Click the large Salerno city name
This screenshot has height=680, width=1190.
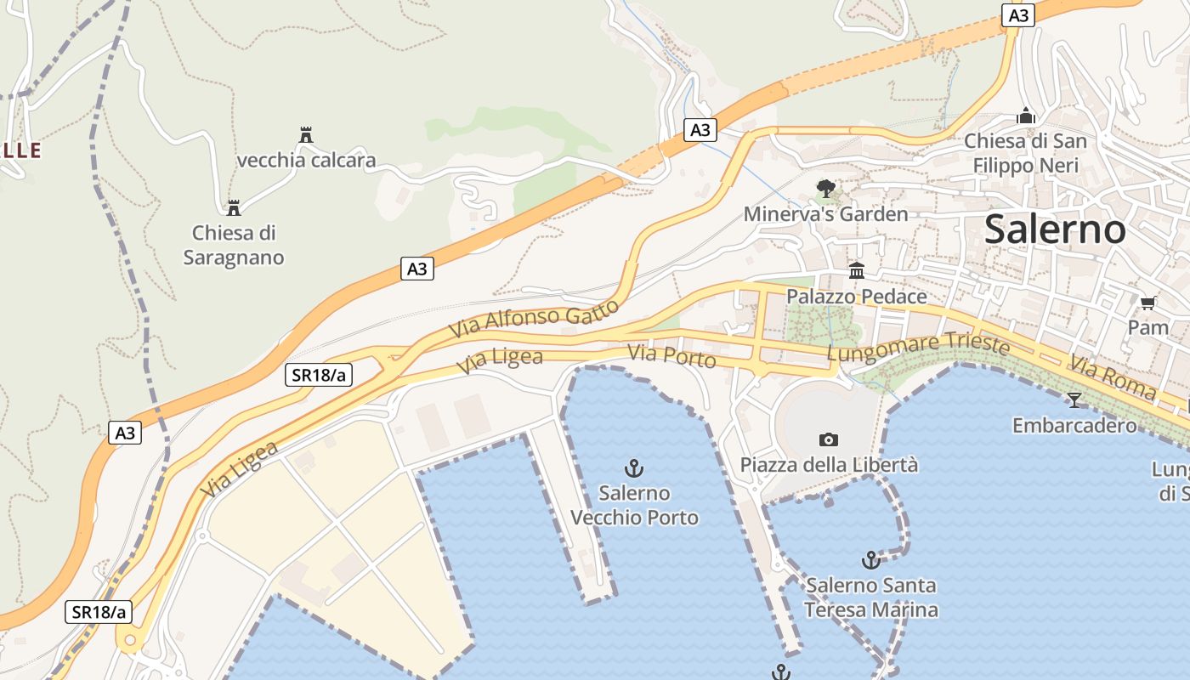pyautogui.click(x=1055, y=229)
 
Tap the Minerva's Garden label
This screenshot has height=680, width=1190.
pyautogui.click(x=825, y=213)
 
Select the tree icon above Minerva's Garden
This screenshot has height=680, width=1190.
pyautogui.click(x=825, y=188)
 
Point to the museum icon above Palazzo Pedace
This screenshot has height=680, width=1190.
pyautogui.click(x=857, y=270)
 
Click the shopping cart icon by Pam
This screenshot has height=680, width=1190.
pyautogui.click(x=1147, y=303)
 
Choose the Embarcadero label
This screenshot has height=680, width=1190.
pyautogui.click(x=1074, y=425)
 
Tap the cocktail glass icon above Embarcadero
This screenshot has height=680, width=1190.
pyautogui.click(x=1074, y=399)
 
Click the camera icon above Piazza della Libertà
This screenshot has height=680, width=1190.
pyautogui.click(x=829, y=439)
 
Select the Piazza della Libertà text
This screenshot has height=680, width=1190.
pyautogui.click(x=829, y=465)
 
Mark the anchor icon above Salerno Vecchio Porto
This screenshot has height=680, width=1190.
pyautogui.click(x=633, y=467)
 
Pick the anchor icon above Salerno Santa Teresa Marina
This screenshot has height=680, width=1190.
pyautogui.click(x=870, y=559)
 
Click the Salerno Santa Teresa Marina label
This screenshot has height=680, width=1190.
pyautogui.click(x=871, y=598)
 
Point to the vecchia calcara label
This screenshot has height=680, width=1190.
pyautogui.click(x=306, y=160)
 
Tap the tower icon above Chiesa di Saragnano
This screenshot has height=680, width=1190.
pyautogui.click(x=233, y=207)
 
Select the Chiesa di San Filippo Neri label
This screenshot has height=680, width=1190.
pyautogui.click(x=1026, y=153)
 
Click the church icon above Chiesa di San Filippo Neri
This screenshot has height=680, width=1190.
pyautogui.click(x=1026, y=116)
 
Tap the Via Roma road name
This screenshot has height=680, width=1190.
pyautogui.click(x=1113, y=377)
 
